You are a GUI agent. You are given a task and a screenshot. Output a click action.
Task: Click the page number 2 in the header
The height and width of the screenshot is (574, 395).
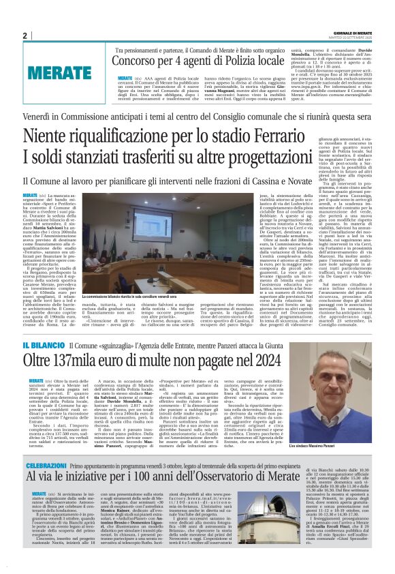[25, 35]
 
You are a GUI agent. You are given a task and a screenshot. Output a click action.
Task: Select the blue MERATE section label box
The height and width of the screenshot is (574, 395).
[54, 72]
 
